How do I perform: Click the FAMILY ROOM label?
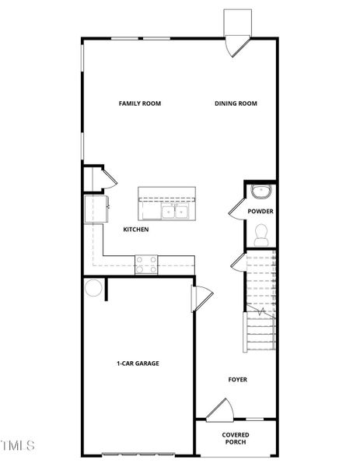point(139,104)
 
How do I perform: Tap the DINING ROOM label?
point(236,104)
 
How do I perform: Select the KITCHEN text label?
point(136,230)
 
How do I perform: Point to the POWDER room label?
point(260,211)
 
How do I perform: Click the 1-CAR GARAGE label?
point(138,363)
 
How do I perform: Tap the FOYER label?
point(237,380)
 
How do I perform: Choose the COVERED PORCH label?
point(236,439)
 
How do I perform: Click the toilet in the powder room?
point(261,232)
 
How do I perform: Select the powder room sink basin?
point(260,191)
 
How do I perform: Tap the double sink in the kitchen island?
point(175,210)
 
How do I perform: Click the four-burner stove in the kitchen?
point(146,265)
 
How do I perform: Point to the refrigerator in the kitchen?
point(96,209)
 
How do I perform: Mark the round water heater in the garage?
point(93,287)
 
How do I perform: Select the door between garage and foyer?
point(201,297)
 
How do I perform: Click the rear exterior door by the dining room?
point(235,47)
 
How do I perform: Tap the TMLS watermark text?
point(17,446)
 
